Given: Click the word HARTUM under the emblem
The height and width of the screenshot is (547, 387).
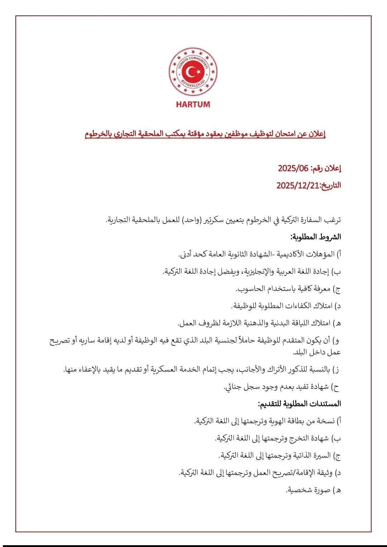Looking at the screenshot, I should coord(193,105).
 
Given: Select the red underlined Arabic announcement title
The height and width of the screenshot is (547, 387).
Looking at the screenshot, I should coord(205,135).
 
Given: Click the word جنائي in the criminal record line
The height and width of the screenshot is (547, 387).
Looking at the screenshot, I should coord(233,387).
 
